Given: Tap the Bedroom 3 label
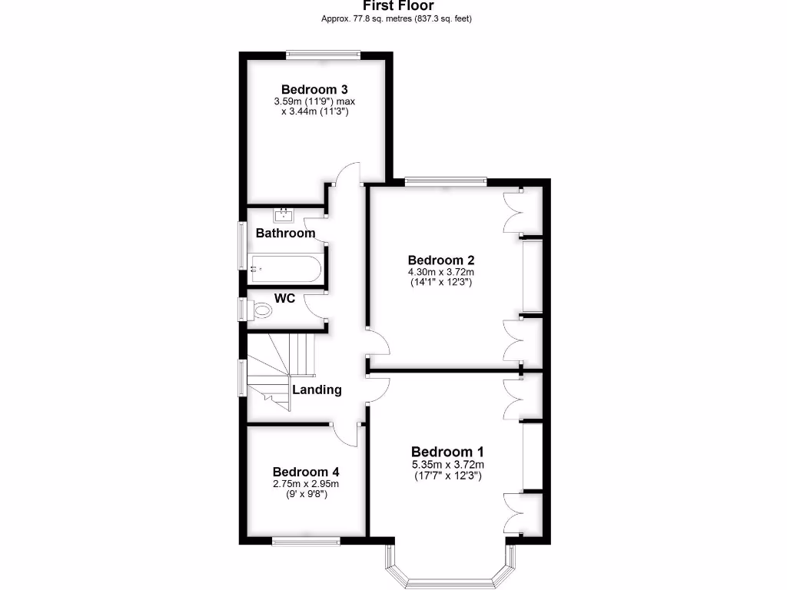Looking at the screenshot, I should (315, 88).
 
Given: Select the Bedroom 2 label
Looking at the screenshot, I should (441, 260).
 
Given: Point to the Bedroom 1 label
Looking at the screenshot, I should (447, 452).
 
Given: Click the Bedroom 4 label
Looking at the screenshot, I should (306, 472).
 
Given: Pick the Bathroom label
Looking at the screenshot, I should (285, 233).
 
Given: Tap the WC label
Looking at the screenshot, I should (285, 298).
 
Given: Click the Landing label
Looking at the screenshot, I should (317, 389).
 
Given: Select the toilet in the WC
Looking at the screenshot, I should (261, 311).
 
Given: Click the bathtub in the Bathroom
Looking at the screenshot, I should (285, 269).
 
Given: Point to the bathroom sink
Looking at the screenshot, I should (285, 214).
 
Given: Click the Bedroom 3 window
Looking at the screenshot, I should (324, 54).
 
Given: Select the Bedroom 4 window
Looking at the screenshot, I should (307, 542).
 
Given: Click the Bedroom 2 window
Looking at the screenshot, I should (446, 182).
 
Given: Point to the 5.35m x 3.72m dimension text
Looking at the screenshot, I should (447, 465).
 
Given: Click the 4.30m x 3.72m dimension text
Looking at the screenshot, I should (441, 272).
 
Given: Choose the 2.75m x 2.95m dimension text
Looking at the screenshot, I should (306, 483).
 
